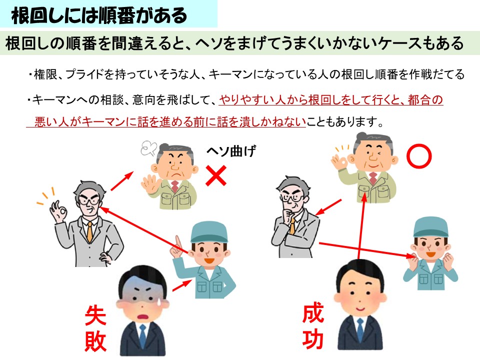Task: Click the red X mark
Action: [x=216, y=176]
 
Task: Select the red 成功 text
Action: [x=313, y=327]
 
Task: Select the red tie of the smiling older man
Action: [x=373, y=177]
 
